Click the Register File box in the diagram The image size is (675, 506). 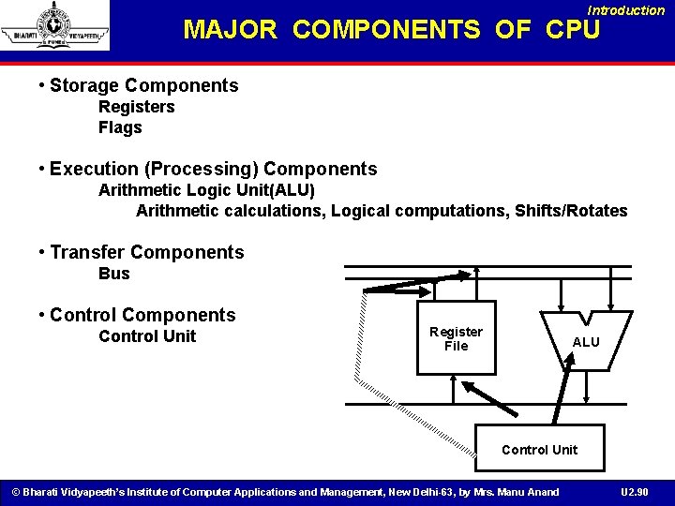coord(456,337)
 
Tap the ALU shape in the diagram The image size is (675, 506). coord(586,342)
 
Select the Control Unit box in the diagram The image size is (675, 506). coord(539,450)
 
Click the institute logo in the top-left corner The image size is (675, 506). coord(54,25)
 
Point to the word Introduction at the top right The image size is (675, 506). coord(626,10)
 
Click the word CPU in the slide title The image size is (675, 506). coord(572,30)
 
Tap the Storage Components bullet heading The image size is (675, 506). coord(143,86)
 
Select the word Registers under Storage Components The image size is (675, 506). coord(137,107)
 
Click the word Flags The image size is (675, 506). coord(120,127)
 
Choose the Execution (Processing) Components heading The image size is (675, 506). coord(213,170)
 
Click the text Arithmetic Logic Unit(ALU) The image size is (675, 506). coord(207,190)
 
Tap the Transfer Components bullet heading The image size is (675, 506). coord(146,253)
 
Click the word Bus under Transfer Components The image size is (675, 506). coord(114,274)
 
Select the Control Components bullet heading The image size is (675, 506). coord(142,316)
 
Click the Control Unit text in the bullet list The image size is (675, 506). coord(147,336)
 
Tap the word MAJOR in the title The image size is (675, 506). coord(231,30)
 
